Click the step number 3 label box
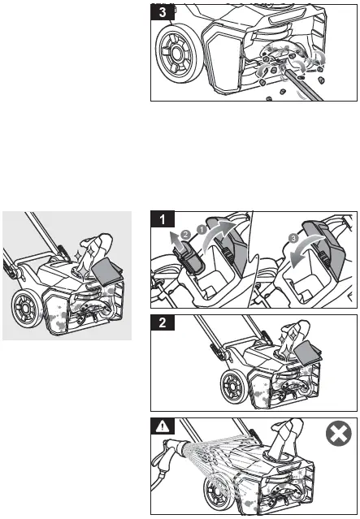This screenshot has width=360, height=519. [x=163, y=12]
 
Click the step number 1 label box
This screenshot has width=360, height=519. [x=163, y=219]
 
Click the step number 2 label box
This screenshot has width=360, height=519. [x=163, y=322]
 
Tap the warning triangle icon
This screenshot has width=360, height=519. [x=163, y=426]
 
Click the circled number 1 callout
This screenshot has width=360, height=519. [x=202, y=228]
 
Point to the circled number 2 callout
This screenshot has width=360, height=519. [x=186, y=235]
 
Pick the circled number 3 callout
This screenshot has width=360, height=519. [x=294, y=238]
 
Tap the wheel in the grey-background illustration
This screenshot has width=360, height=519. [x=27, y=308]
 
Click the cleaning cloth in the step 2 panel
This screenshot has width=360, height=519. [x=307, y=354]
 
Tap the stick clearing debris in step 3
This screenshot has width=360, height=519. [x=304, y=84]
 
